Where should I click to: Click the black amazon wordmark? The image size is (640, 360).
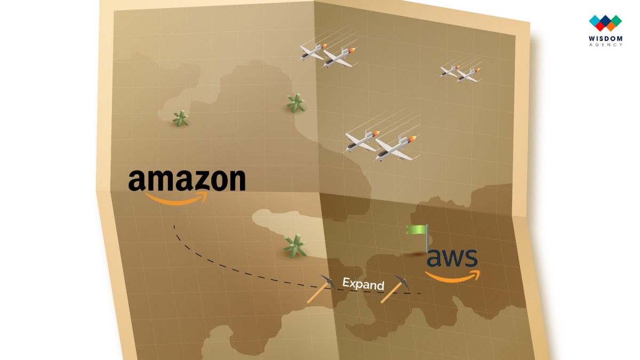[x=187, y=180]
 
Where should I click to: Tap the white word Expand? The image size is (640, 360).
[x=363, y=284]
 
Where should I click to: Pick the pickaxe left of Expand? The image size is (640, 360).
[x=321, y=289]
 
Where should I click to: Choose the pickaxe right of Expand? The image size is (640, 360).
[x=395, y=289]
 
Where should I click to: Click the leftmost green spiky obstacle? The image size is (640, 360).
[x=180, y=118]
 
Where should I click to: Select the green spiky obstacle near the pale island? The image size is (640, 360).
[x=295, y=246]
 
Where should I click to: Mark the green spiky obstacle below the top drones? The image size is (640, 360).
[x=295, y=103]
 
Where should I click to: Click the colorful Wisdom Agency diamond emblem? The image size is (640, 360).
[x=605, y=23]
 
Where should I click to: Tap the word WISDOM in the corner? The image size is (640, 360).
[x=605, y=38]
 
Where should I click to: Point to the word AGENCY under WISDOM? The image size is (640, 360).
[x=605, y=45]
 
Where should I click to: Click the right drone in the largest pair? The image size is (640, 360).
[x=396, y=149]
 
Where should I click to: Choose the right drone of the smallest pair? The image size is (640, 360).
[x=469, y=75]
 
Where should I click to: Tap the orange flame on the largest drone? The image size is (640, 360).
[x=412, y=139]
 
